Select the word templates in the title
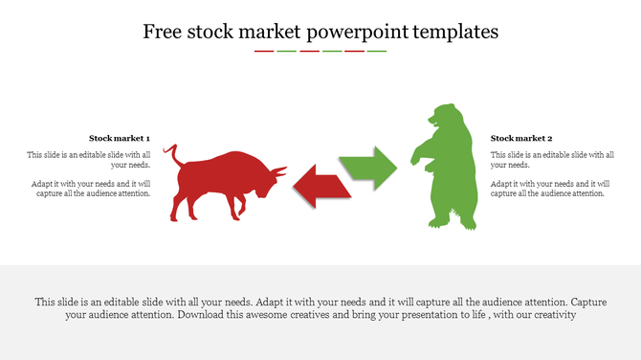coord(455,32)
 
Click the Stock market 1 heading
coord(120,138)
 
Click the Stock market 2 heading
coord(521,138)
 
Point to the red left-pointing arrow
coord(320,185)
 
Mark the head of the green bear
coord(441,117)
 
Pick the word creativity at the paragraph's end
coord(549,315)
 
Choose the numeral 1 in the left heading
coord(147,138)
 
